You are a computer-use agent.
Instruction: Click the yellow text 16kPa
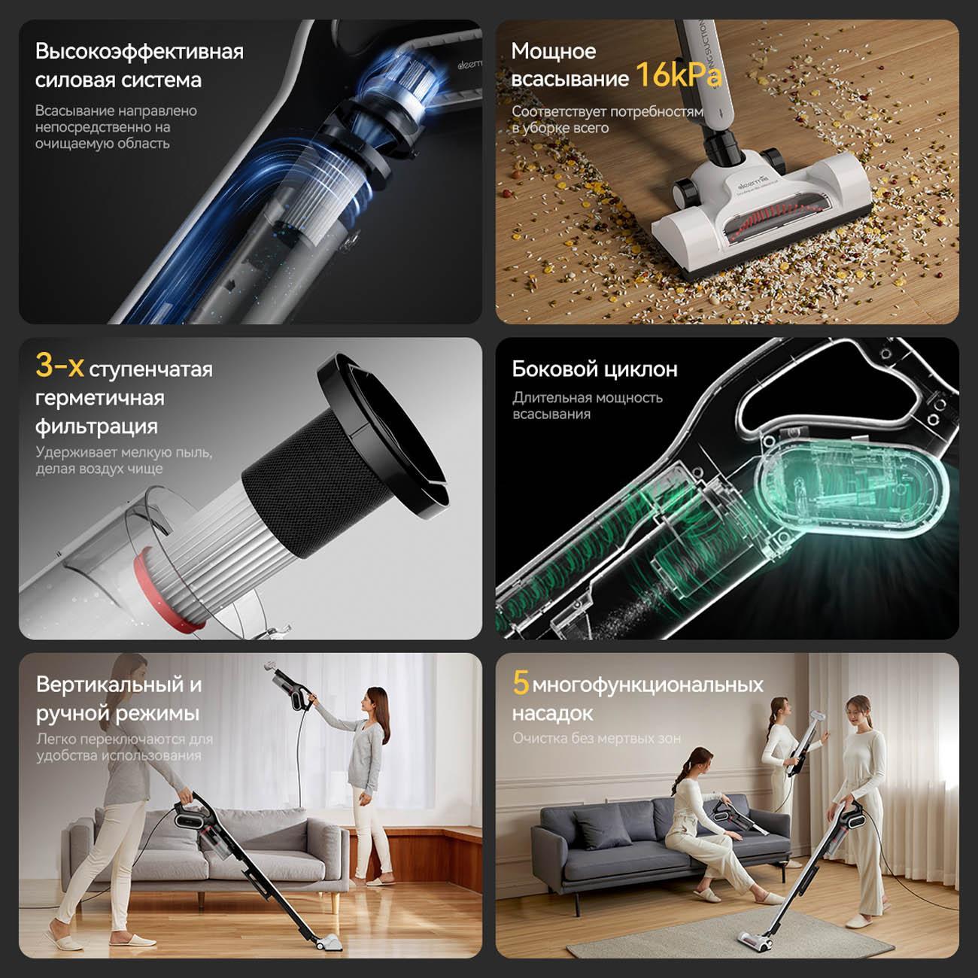(678, 74)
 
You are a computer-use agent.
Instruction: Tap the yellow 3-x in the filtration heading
(59, 366)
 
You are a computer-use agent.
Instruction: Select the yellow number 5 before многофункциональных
(520, 682)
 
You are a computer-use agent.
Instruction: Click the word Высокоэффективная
(140, 52)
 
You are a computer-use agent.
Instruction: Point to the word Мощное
(554, 50)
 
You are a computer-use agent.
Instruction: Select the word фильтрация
(96, 427)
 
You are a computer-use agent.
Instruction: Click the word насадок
(552, 714)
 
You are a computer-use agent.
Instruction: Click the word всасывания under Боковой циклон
(551, 415)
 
